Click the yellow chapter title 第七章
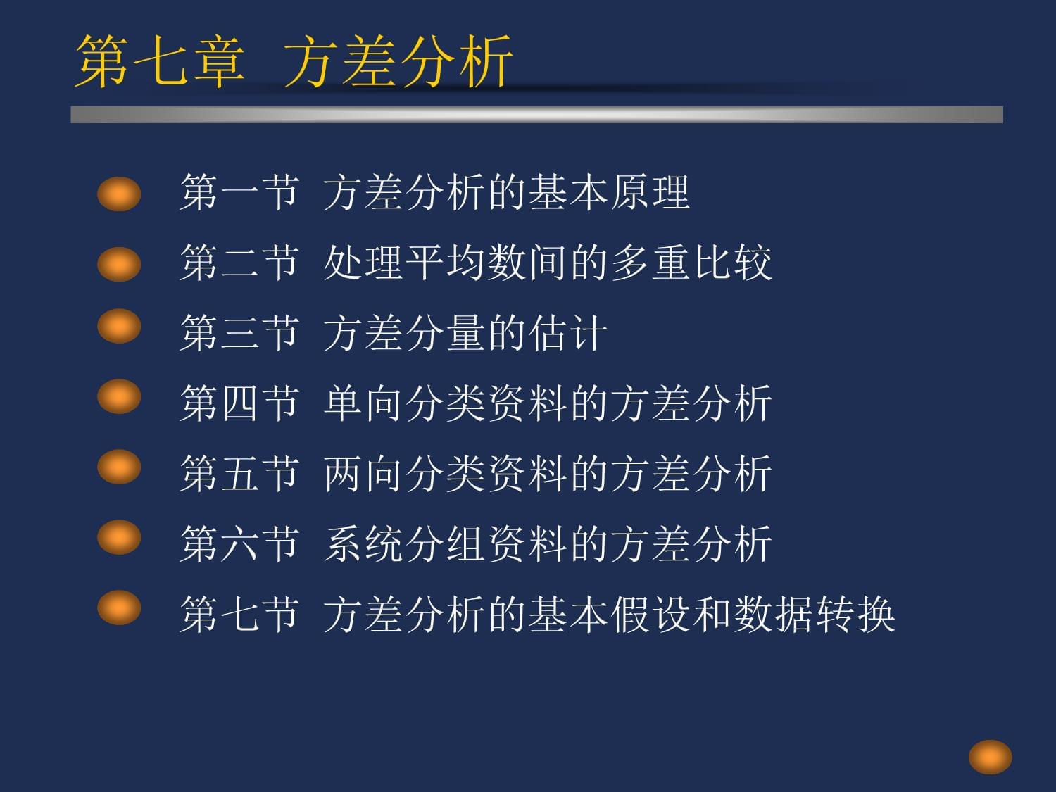160,61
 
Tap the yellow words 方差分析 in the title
398,61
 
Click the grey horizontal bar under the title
537,115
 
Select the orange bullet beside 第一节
119,194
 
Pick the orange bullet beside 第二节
119,264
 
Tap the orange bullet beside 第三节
119,325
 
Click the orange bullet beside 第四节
119,396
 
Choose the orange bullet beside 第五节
119,467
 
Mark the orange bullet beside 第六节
119,537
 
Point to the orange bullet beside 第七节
119,608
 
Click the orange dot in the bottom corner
990,757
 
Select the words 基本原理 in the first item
609,192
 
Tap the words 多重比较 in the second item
691,263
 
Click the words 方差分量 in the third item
404,333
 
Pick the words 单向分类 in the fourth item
404,403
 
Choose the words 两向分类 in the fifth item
404,474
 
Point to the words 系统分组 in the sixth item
404,544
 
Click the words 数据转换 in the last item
814,614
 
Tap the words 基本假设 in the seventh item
609,614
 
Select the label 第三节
239,333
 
